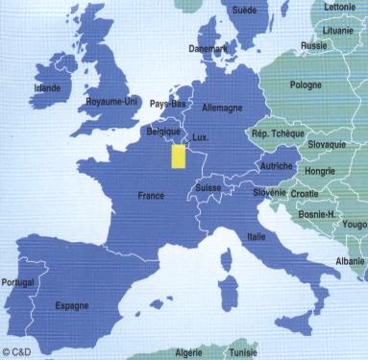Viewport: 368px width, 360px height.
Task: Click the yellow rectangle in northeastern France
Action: (x=178, y=156)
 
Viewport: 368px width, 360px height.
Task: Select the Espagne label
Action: (x=72, y=279)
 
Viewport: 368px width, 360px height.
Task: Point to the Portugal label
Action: (x=18, y=256)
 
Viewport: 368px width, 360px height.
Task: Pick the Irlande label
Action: (x=46, y=87)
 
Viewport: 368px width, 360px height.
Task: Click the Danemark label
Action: (x=208, y=48)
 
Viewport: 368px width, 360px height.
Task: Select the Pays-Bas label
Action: (x=167, y=103)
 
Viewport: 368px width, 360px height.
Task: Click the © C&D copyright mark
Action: (x=16, y=352)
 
